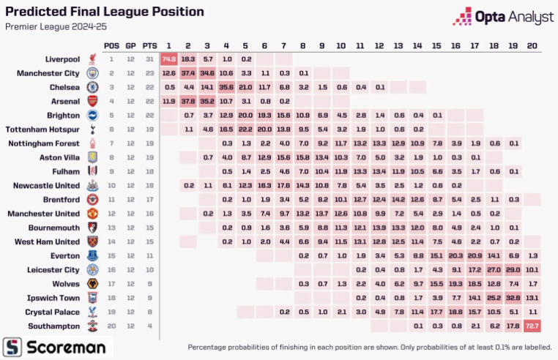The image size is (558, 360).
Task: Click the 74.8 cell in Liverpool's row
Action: coord(169,59)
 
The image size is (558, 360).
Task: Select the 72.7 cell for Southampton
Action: coord(532,326)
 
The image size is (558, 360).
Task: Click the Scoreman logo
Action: coord(54,345)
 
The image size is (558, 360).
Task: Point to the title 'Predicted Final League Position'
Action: coord(105,12)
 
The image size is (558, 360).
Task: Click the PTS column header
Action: coord(149,45)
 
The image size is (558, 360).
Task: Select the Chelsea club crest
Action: coord(92,87)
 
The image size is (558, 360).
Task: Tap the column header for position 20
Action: coord(532,45)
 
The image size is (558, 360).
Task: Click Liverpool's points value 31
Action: coord(149,59)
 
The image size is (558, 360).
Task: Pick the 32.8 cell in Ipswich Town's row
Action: coord(513,298)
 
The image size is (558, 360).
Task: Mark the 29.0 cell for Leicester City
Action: coord(513,270)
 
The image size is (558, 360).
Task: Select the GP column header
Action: coord(130,45)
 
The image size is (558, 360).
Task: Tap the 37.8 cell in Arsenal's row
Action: coord(188,101)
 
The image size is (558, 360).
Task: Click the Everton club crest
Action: coord(92,255)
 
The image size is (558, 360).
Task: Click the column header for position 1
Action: coord(169,45)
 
